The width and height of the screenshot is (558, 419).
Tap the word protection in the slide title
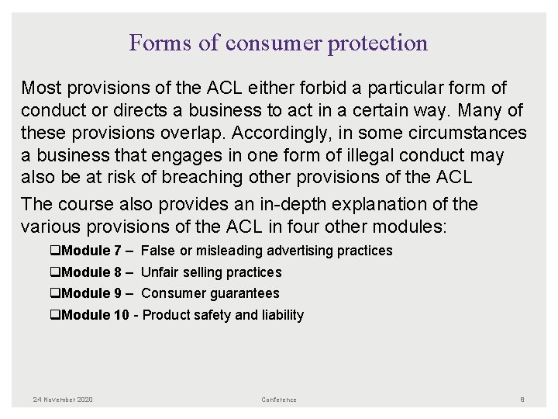(x=377, y=43)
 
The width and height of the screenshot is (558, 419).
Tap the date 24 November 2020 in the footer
(x=63, y=400)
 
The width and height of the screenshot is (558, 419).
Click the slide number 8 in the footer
(x=522, y=400)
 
